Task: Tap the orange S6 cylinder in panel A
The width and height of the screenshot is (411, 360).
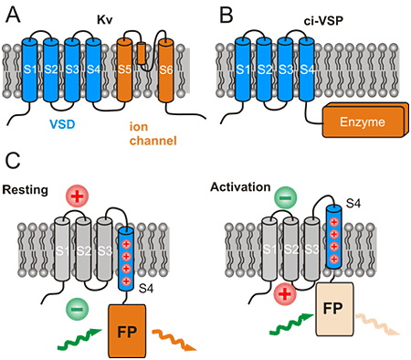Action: tap(165, 69)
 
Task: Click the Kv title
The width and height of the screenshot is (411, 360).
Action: tap(104, 16)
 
